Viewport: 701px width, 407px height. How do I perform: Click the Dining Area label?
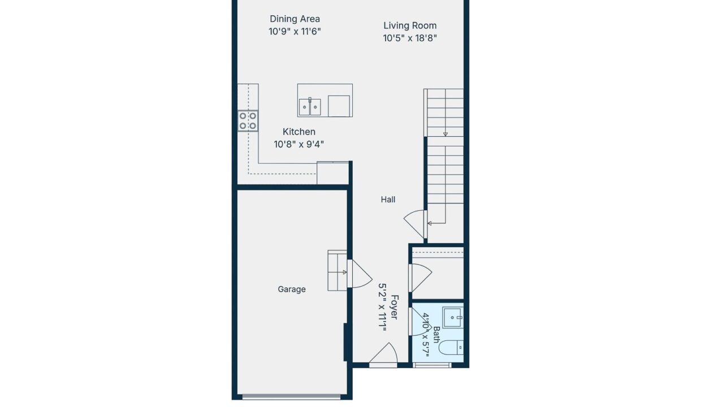(x=295, y=19)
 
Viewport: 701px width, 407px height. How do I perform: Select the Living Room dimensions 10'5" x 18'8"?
(x=410, y=38)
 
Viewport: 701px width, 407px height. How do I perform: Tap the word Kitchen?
(x=299, y=132)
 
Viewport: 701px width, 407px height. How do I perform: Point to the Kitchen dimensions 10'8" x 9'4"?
(x=299, y=145)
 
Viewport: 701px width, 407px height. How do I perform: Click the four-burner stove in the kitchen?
(x=248, y=121)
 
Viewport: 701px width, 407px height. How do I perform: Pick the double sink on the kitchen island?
(x=310, y=107)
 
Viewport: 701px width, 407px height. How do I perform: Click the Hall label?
(x=388, y=200)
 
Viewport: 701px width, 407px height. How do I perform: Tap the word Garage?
(x=292, y=289)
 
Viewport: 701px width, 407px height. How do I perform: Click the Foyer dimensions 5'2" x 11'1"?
(x=382, y=307)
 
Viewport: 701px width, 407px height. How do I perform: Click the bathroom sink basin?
(x=453, y=317)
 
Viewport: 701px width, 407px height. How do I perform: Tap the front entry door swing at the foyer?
(x=383, y=354)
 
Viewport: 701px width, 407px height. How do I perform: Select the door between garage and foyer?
(x=360, y=274)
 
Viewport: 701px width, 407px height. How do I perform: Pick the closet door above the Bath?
(x=420, y=278)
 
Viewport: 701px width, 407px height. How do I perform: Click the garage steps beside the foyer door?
(x=337, y=271)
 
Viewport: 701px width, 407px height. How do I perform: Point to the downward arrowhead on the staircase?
(x=445, y=134)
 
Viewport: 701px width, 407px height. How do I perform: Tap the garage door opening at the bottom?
(x=291, y=397)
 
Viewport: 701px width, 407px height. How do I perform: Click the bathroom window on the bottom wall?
(x=432, y=365)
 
